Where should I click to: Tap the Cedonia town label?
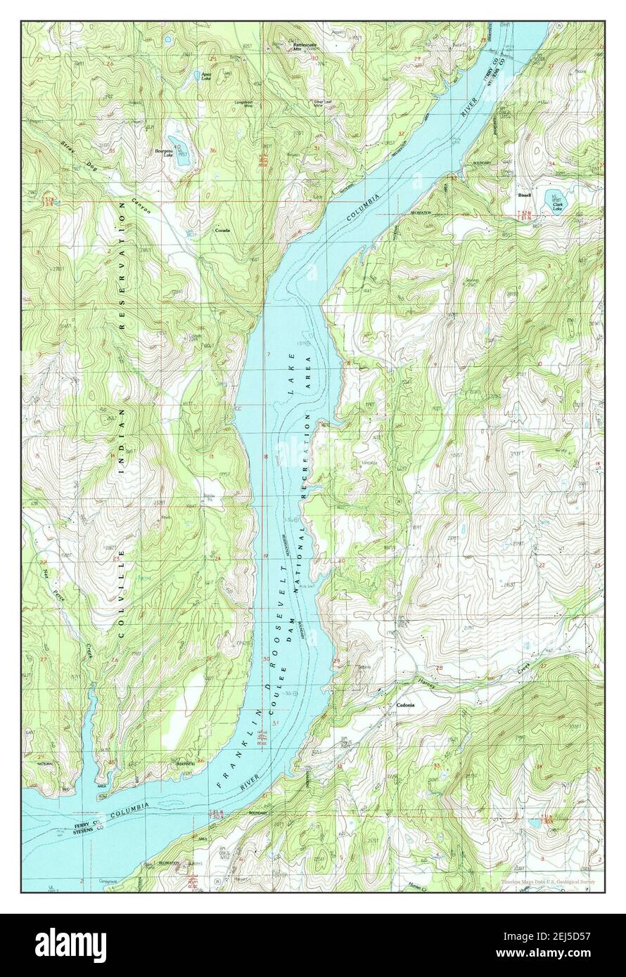[404, 706]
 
